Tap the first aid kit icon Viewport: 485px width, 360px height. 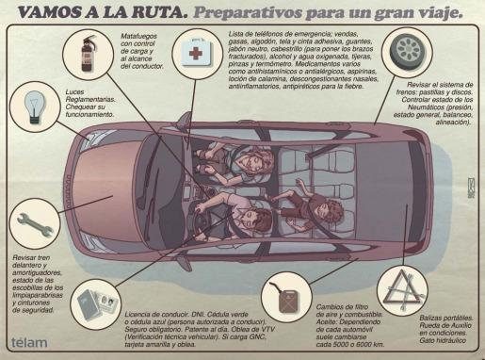tap(197, 53)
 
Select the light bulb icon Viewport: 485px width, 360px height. tap(35, 106)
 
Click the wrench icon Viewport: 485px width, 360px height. tap(35, 224)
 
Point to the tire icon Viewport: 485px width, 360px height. tap(408, 51)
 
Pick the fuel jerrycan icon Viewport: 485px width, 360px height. tap(286, 297)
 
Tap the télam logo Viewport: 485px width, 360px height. tap(29, 342)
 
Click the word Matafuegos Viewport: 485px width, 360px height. tap(138, 37)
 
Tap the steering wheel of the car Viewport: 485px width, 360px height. tap(199, 222)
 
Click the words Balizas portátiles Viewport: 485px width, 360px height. tap(446, 318)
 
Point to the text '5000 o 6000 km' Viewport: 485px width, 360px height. tap(349, 344)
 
